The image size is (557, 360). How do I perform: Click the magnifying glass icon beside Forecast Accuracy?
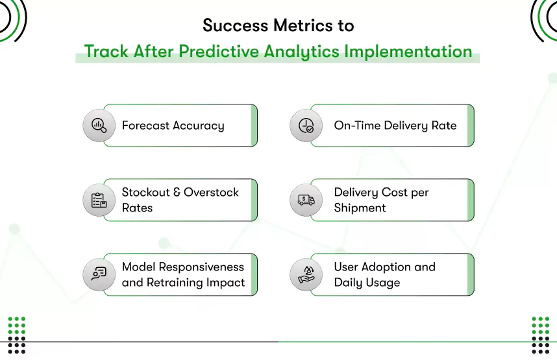tap(99, 126)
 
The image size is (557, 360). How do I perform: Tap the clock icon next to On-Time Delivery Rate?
tap(305, 126)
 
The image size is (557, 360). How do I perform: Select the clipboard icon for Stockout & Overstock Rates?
tap(99, 200)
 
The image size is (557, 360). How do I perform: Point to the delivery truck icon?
tap(305, 200)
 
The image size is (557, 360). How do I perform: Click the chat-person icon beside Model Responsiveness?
tap(99, 274)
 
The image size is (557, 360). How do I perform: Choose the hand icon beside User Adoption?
tap(305, 274)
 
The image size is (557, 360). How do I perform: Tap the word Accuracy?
tap(199, 126)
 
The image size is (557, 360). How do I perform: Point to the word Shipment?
tap(360, 208)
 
